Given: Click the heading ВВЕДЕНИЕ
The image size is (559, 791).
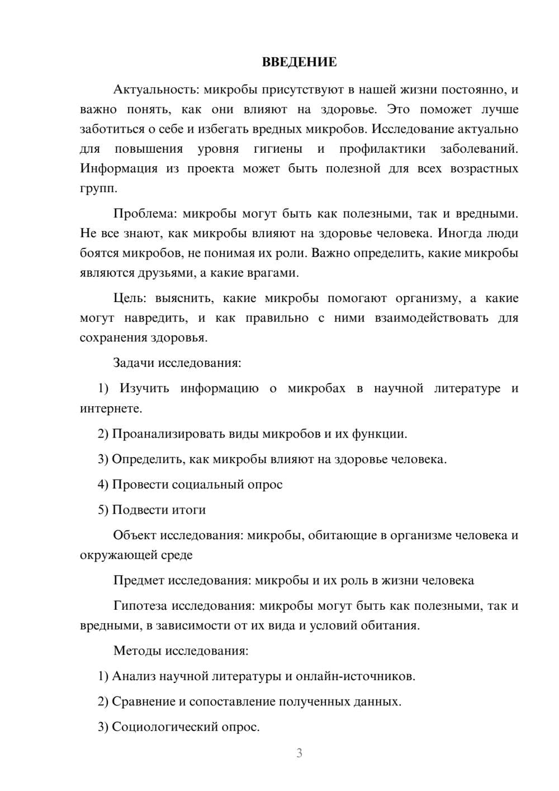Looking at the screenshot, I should tap(299, 62).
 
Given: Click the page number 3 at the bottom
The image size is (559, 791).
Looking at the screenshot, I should tap(299, 753).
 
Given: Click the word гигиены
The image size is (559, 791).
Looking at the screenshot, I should tap(278, 149).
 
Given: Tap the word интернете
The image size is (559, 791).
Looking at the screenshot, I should tap(111, 408).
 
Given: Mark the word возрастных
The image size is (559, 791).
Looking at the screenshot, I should tap(484, 168).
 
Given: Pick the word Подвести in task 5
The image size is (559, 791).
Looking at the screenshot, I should tap(139, 510).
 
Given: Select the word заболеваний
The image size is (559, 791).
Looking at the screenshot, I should tap(479, 149).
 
